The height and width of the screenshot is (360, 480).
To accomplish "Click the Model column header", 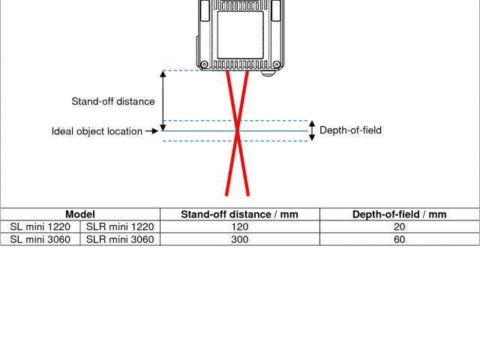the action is point(80,214).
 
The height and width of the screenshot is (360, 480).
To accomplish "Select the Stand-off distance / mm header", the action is point(239,214).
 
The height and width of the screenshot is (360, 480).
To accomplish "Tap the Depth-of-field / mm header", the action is point(399,214).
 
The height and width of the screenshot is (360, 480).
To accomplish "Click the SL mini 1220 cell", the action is point(40,227).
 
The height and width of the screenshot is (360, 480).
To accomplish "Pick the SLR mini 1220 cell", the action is point(120,227).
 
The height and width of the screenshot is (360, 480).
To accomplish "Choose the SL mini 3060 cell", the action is point(40,239).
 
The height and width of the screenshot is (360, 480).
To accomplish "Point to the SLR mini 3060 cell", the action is point(120,239).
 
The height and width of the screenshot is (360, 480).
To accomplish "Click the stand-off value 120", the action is point(239,227).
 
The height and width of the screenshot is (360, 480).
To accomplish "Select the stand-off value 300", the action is point(239,239).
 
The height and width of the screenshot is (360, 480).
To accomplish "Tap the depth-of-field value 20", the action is point(399,227).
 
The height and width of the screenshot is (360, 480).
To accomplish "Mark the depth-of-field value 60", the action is point(399,239).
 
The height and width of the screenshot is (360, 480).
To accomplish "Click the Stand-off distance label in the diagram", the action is point(113,101).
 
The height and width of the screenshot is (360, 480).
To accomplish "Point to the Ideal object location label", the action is point(97,131).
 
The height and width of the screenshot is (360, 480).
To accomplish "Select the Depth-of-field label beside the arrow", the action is point(350,130).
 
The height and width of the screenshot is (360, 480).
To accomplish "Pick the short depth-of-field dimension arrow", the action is point(313,130).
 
